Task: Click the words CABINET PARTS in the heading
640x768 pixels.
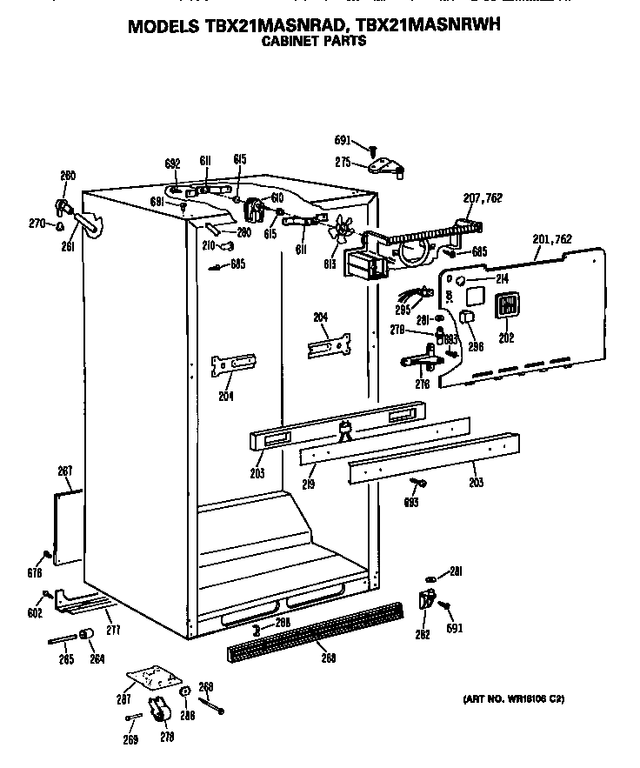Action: click(313, 41)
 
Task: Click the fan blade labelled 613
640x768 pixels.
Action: click(341, 230)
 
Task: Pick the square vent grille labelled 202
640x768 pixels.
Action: click(506, 307)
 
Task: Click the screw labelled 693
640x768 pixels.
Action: click(420, 484)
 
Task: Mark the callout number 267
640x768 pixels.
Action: click(64, 471)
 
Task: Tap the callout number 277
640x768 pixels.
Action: click(111, 628)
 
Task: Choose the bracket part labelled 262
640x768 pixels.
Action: click(426, 599)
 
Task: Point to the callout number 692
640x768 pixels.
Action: click(171, 163)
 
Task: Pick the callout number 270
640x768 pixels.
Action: click(37, 224)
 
